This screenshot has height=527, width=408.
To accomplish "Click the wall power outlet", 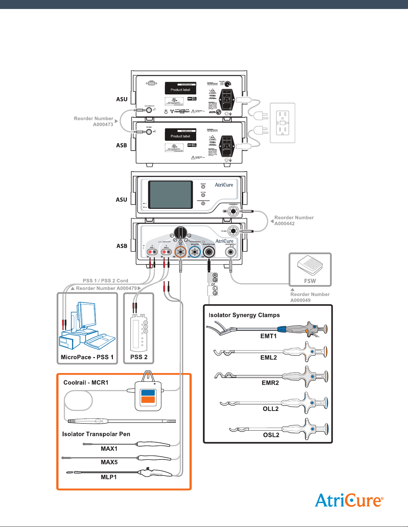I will [282, 123].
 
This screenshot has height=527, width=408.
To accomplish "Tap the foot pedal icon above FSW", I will [310, 267].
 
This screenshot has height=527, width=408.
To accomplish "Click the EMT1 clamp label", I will [268, 336].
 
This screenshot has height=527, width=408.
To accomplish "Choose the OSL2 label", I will [271, 435].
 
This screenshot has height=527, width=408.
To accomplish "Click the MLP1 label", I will [109, 477].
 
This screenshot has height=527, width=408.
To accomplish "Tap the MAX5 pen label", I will [109, 462].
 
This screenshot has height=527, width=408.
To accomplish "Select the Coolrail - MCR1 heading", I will [86, 383].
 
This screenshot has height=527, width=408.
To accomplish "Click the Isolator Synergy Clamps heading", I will [244, 315].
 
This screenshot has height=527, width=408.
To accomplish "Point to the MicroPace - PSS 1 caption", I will [87, 357].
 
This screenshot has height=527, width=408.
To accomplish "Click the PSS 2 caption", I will [139, 357].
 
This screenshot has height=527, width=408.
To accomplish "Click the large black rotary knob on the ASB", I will [181, 233].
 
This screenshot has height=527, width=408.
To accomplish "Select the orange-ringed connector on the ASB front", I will [181, 252].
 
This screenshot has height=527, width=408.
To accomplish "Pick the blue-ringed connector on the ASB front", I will [195, 252].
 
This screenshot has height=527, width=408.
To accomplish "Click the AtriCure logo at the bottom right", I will [349, 500].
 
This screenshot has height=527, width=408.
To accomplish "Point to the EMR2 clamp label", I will [270, 383].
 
